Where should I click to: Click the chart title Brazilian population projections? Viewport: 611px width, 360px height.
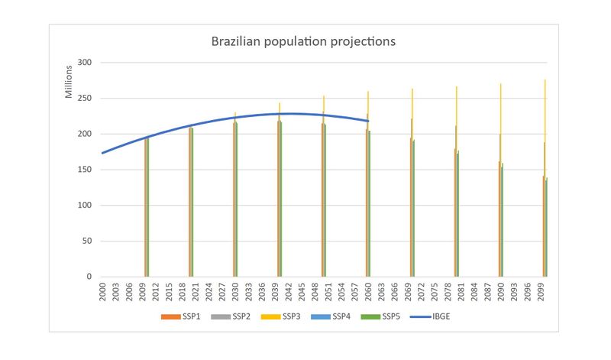click(303, 41)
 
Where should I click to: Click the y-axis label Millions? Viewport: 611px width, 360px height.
click(68, 82)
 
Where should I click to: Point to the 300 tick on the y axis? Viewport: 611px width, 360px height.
click(86, 63)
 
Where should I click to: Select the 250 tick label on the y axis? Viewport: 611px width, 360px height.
click(86, 99)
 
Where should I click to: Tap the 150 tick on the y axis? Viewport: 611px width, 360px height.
click(86, 170)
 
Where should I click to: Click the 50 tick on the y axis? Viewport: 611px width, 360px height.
click(89, 241)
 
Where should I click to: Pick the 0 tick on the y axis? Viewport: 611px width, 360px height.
click(91, 277)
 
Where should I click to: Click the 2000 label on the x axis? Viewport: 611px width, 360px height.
click(102, 294)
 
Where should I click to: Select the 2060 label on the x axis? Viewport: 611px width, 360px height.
click(368, 294)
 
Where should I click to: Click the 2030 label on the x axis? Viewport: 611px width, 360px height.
click(235, 294)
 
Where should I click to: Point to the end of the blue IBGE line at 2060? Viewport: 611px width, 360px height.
click(368, 121)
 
